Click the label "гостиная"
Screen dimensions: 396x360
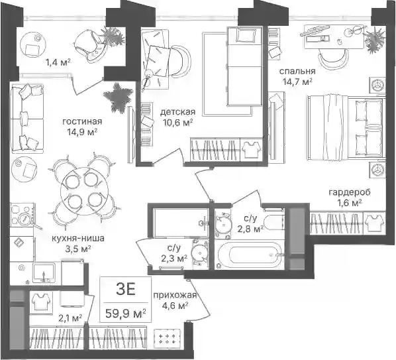(82, 121)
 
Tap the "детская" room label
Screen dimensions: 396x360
(177, 112)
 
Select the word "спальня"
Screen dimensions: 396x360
(297, 71)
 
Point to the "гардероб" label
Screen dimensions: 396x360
(350, 193)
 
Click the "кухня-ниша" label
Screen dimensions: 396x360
(77, 238)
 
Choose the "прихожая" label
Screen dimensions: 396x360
(175, 295)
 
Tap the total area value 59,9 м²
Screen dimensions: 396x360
(126, 314)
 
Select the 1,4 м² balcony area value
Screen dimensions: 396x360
(58, 62)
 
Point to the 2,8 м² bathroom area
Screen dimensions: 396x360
(250, 229)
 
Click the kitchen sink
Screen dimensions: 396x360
(44, 272)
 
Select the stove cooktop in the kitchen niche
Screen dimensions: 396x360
(22, 214)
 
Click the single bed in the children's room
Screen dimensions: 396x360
(244, 66)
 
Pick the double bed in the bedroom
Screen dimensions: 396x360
(346, 128)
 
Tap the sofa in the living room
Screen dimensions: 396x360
(27, 117)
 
